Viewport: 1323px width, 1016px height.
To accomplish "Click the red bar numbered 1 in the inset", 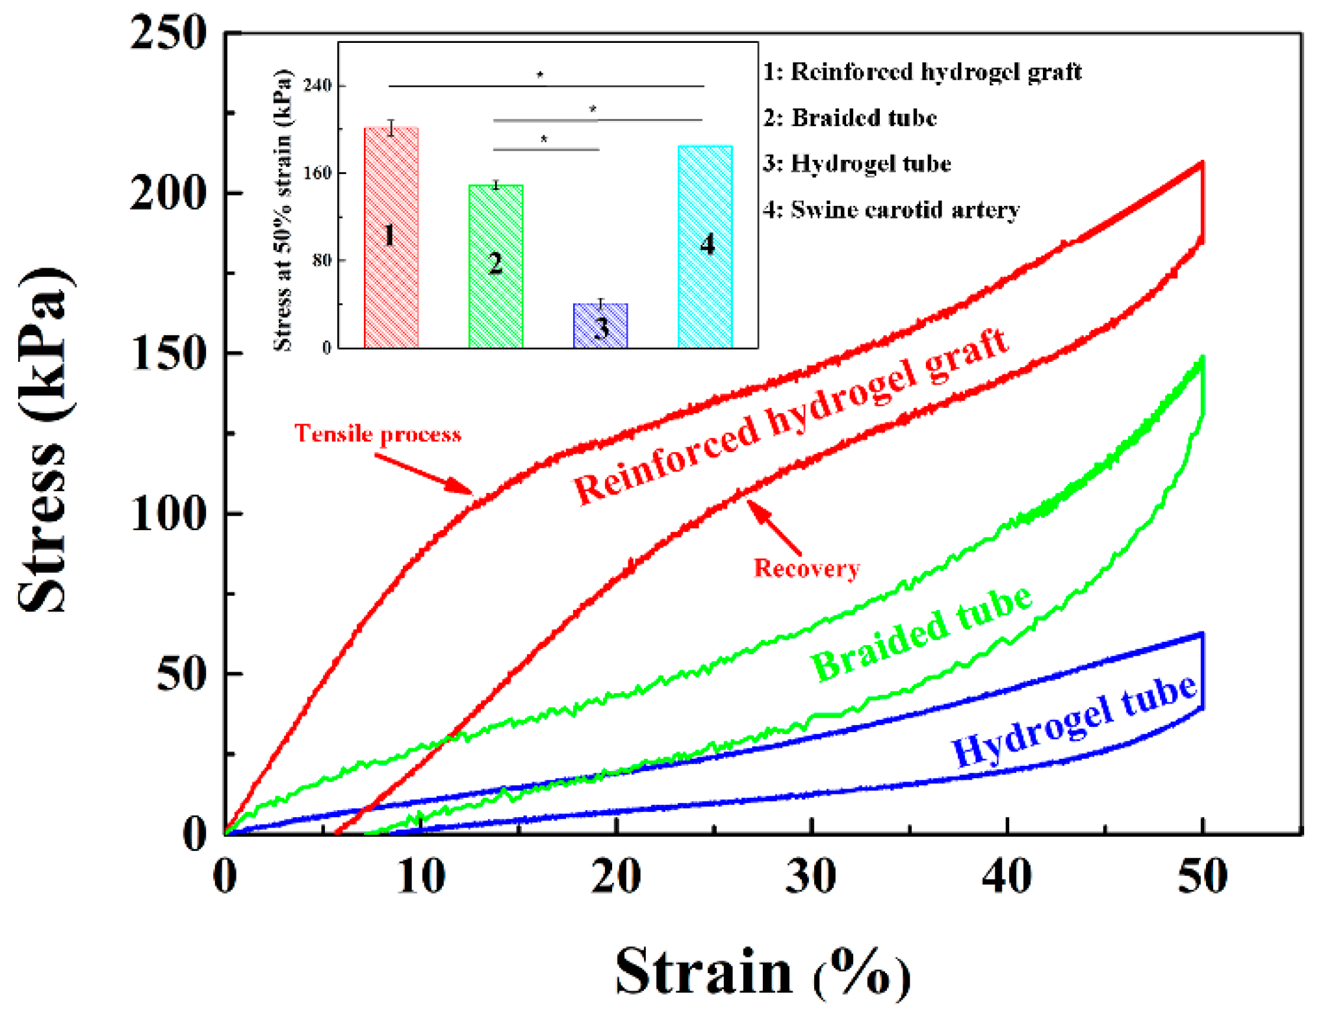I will click(391, 238).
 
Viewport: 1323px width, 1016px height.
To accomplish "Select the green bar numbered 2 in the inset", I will click(496, 266).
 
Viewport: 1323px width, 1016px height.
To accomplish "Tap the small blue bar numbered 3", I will click(600, 326).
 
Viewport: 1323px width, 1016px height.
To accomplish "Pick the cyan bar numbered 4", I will click(705, 247).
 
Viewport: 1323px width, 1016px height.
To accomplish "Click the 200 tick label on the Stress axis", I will click(168, 194).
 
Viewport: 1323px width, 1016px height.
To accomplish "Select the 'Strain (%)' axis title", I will click(763, 973).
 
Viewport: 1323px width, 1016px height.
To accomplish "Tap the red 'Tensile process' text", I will click(378, 434).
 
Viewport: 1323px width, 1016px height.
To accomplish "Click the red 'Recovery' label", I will click(806, 568).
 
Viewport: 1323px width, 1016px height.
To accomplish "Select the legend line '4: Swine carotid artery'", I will click(891, 210).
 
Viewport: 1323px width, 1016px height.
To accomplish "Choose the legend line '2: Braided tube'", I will click(850, 118).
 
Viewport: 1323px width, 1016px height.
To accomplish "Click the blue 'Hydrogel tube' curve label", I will click(1073, 721).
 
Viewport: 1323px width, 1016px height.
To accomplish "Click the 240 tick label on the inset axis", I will click(317, 85).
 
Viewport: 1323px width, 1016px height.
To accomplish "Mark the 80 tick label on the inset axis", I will click(322, 260).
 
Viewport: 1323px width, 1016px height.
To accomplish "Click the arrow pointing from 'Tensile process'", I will click(424, 474).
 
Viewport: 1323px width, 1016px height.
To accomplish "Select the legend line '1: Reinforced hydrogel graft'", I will click(922, 72).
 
